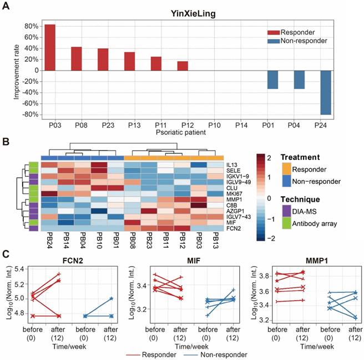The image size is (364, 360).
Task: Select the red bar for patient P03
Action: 50,48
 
